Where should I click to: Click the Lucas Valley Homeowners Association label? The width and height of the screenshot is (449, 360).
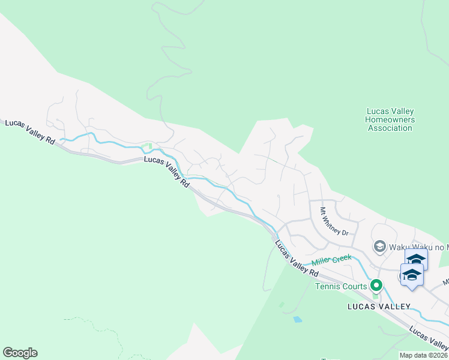tap(391, 119)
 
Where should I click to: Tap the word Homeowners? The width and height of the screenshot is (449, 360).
tap(391, 119)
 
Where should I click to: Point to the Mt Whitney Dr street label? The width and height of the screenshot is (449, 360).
tap(333, 221)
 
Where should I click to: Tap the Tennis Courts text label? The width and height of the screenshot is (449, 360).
tap(341, 286)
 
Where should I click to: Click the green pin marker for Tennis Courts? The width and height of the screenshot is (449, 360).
tap(376, 285)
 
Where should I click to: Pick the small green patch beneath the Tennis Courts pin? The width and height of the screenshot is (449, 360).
tap(376, 295)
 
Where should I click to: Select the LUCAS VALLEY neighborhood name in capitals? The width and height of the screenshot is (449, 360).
tap(379, 307)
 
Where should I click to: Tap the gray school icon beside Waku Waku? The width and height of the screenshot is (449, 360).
tap(379, 246)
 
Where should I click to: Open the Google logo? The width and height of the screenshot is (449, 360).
tap(20, 353)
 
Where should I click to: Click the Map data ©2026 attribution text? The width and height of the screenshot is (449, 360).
tap(423, 355)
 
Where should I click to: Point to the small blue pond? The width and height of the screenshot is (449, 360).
tap(298, 319)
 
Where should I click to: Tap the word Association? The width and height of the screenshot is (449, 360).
tap(391, 128)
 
